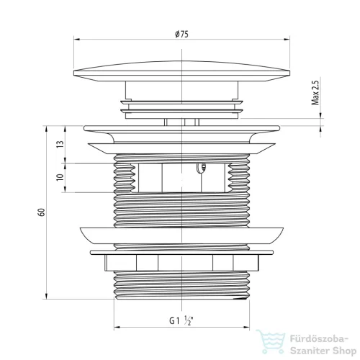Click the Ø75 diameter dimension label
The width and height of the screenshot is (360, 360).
181,35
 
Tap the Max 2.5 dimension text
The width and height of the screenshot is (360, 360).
315,93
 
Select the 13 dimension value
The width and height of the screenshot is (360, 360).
60,144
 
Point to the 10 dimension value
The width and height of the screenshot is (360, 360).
60,177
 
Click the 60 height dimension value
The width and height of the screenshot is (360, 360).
41,212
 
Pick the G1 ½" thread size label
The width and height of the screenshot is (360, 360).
181,320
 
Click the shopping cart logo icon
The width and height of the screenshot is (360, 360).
271,341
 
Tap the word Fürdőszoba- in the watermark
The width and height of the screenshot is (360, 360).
319,339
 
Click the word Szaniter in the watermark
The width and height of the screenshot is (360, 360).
310,351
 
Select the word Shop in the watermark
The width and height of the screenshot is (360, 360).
344,351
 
